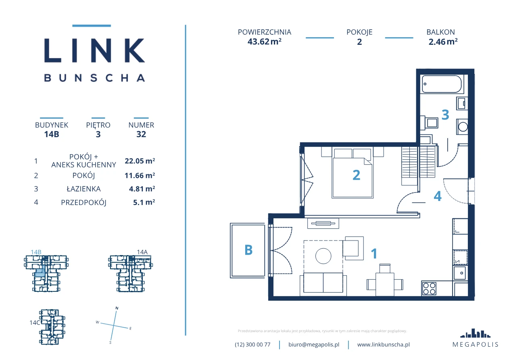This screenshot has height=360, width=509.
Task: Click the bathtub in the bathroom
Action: [x=442, y=84]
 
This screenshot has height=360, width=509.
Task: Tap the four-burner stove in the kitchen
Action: [x=429, y=289]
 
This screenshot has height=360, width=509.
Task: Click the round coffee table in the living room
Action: [x=323, y=256]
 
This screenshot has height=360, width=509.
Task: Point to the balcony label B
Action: [x=248, y=250]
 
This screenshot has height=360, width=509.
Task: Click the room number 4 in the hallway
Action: [x=438, y=196]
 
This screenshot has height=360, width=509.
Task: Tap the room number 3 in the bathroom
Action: [x=445, y=115]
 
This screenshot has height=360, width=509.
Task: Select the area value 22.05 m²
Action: [x=140, y=161]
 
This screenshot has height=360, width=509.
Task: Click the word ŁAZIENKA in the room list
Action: [x=83, y=189]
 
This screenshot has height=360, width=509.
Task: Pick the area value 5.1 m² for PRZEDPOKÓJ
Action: [x=144, y=202]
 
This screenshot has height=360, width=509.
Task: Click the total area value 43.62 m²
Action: [x=265, y=42]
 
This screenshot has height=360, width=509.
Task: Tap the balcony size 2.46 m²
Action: [x=443, y=42]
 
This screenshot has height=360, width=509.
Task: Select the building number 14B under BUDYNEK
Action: [x=52, y=134]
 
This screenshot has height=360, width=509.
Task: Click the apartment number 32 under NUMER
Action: [x=141, y=134]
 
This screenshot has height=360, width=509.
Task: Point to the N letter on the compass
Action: [x=117, y=308]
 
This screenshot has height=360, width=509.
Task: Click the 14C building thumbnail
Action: [x=52, y=327]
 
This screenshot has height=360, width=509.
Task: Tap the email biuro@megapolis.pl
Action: [x=314, y=345]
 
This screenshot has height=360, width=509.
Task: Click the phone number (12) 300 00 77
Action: [x=252, y=345]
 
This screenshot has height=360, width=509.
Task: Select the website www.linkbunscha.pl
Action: [x=384, y=345]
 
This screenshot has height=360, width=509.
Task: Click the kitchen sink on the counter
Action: [x=460, y=273]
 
